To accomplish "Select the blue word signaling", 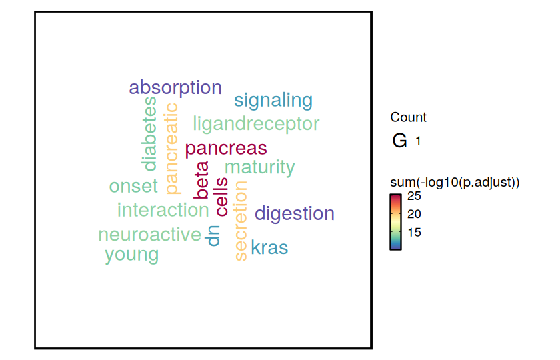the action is point(273,101).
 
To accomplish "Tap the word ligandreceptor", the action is point(256,125).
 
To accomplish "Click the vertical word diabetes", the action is point(150,134).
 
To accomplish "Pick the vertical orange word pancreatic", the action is point(173,149).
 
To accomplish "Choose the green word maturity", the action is point(259,167).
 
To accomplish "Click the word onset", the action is point(133,187).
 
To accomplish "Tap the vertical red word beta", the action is point(201,180).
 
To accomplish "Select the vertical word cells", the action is point(222,197).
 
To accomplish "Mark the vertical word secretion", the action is point(241,221).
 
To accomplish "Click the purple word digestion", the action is point(295,214).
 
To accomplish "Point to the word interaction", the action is point(163,210).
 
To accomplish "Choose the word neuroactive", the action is point(149,235).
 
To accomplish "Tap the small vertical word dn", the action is point(213,236).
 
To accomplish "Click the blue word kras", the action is point(269,247).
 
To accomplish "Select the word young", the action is point(132,255).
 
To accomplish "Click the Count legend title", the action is point(408,117).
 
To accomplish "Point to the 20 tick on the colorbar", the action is point(414,214).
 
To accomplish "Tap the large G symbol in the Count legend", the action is point(399,141).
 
